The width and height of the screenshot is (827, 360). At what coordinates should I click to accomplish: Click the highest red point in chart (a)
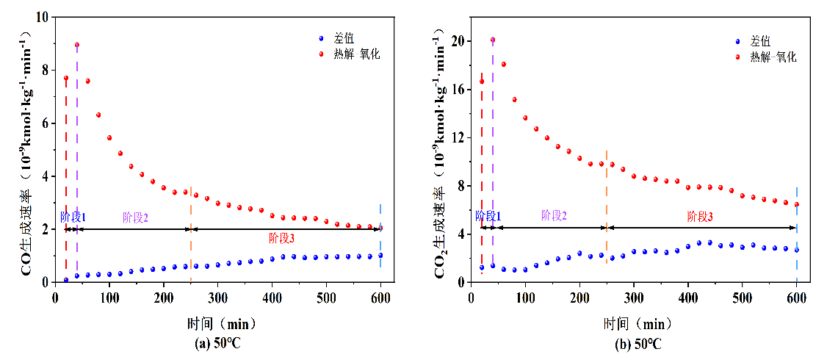(77, 45)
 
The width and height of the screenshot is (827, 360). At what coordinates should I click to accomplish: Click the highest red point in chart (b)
(493, 40)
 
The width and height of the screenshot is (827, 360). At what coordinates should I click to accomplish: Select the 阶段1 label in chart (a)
(73, 217)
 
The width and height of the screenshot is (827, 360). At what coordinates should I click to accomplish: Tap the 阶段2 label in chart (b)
(554, 215)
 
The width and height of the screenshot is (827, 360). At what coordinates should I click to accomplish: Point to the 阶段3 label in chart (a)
(281, 238)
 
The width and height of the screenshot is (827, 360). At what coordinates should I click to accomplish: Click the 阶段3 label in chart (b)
(700, 217)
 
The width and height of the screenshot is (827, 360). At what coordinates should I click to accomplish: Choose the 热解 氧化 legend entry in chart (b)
(772, 57)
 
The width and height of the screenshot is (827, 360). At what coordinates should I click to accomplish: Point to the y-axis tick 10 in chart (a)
(44, 17)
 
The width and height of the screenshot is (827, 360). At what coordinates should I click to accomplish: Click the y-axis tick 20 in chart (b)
(459, 41)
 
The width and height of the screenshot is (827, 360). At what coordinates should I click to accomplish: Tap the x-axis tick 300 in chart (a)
(218, 298)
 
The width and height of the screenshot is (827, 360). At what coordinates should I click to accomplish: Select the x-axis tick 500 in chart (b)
(743, 298)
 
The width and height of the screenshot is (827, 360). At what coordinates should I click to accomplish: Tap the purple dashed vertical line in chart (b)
(493, 147)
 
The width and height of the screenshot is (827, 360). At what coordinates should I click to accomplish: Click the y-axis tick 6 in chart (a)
(46, 123)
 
